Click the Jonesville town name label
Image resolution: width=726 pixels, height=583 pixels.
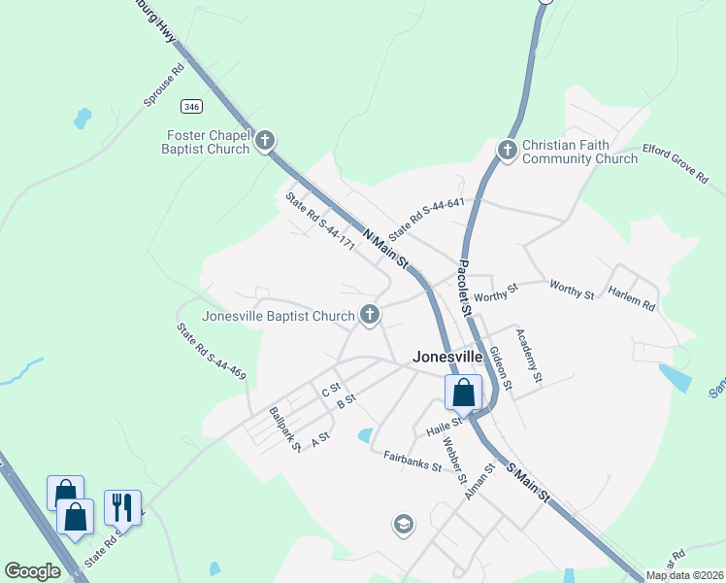click(447, 356)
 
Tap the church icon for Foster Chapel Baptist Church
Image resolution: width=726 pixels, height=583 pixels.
click(264, 143)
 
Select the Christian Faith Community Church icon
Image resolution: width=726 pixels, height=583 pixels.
click(506, 150)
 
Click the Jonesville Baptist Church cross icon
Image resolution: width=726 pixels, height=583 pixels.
click(369, 314)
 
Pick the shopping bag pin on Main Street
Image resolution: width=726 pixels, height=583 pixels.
click(463, 394)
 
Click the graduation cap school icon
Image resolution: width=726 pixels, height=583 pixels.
click(403, 526)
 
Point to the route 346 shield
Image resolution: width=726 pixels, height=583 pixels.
click(190, 104)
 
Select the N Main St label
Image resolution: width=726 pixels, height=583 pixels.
click(387, 251)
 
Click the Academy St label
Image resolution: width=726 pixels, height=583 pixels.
click(529, 355)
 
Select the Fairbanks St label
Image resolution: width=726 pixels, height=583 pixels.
click(412, 461)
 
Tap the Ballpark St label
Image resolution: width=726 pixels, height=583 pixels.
click(286, 429)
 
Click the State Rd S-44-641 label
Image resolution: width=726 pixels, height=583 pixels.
click(427, 221)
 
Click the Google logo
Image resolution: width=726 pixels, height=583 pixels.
click(32, 571)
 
